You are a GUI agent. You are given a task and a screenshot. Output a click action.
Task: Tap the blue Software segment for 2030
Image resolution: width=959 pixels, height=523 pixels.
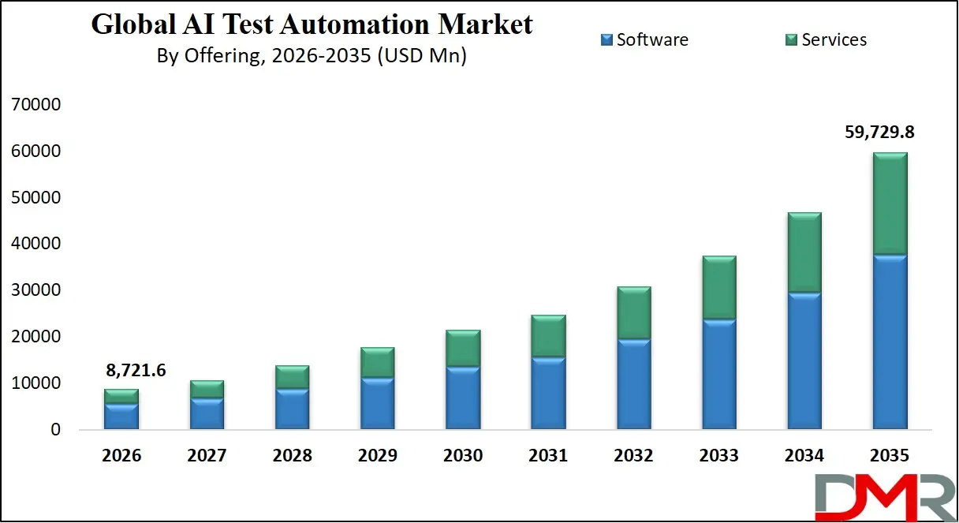pyautogui.click(x=463, y=398)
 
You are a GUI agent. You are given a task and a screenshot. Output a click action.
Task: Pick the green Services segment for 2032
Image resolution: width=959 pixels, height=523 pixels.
pyautogui.click(x=634, y=313)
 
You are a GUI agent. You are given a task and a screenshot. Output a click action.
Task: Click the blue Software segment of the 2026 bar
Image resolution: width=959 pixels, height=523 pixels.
pyautogui.click(x=121, y=417)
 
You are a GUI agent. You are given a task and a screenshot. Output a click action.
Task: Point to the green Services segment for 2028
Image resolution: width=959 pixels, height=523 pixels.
pyautogui.click(x=292, y=377)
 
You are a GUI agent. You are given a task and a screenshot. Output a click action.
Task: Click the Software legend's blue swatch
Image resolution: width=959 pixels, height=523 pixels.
pyautogui.click(x=606, y=39)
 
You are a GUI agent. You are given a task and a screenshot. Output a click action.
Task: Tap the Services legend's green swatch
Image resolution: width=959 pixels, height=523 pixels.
pyautogui.click(x=792, y=39)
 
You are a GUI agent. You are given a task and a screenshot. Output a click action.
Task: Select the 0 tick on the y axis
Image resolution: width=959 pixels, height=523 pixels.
pyautogui.click(x=55, y=430)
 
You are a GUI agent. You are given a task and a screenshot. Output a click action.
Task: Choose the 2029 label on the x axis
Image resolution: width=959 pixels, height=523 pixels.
pyautogui.click(x=377, y=456)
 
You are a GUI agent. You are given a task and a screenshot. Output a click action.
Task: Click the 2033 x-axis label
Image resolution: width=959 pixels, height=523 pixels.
pyautogui.click(x=718, y=456)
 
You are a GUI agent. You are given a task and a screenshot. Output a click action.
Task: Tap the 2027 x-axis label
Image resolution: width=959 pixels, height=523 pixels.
pyautogui.click(x=207, y=456)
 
